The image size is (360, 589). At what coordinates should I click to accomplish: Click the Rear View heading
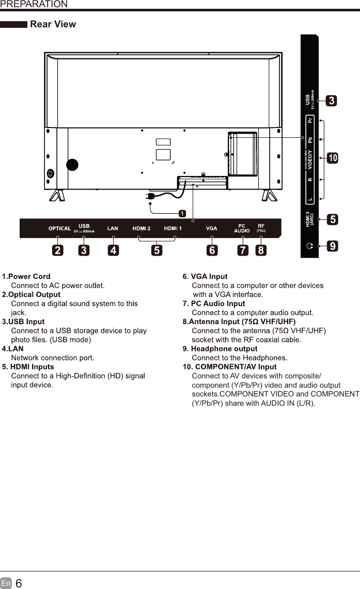[53, 24]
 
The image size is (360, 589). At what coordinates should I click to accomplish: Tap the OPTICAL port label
[59, 228]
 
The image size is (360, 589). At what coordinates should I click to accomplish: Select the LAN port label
[113, 228]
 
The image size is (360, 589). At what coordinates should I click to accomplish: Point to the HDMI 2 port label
[142, 228]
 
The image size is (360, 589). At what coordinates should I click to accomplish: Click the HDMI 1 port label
[173, 228]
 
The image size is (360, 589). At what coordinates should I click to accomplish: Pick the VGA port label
[211, 228]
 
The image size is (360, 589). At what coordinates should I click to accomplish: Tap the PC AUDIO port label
[242, 228]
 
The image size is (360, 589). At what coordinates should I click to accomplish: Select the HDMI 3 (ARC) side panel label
[309, 219]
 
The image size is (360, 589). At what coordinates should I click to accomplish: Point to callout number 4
[113, 250]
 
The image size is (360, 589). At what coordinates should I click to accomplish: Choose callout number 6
[211, 250]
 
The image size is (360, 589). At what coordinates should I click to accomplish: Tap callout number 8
[262, 250]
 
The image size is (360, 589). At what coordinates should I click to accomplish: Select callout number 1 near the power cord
[182, 213]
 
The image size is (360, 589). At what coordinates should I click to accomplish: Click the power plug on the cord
[151, 197]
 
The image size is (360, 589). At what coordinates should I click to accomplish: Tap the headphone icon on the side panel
[309, 246]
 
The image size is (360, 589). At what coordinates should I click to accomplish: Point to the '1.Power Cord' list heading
[26, 277]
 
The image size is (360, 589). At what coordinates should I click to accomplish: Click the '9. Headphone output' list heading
[220, 349]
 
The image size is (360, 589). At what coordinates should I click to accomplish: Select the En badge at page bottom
[6, 583]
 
